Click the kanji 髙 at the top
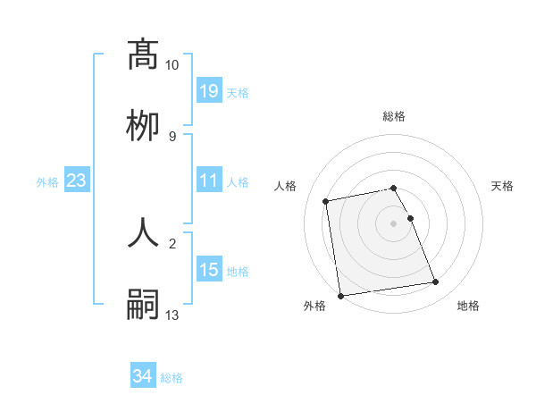click(143, 55)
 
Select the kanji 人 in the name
click(143, 231)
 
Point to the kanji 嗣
click(143, 304)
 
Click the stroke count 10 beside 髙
click(172, 65)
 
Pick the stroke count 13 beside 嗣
click(172, 315)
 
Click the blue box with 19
click(209, 91)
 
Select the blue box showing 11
click(209, 181)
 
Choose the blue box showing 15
click(209, 270)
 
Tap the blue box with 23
click(77, 181)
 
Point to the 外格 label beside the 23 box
click(47, 182)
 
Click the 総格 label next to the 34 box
click(172, 378)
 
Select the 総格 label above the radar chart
click(394, 116)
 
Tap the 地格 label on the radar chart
click(468, 306)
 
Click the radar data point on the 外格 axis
click(340, 295)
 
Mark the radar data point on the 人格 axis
click(327, 201)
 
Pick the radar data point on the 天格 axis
click(410, 218)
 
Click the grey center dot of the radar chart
click(394, 223)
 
